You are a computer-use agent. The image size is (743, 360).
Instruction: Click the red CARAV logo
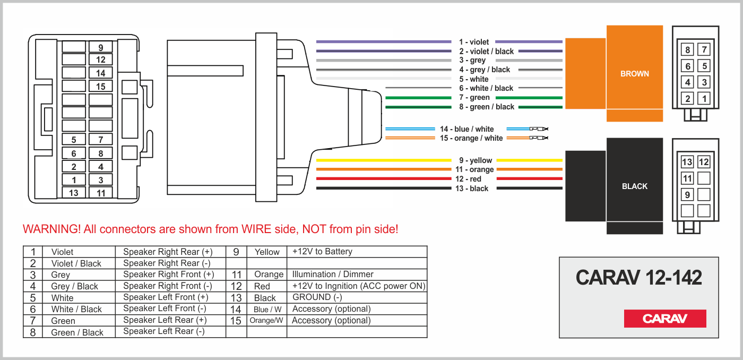(664, 319)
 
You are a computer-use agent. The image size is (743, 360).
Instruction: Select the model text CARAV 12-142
(638, 277)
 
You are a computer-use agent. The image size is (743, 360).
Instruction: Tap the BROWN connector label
(634, 74)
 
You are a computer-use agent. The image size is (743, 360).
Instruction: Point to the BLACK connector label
(634, 186)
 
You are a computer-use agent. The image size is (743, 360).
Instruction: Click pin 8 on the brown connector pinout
(687, 50)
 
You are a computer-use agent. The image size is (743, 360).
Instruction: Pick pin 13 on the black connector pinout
(687, 162)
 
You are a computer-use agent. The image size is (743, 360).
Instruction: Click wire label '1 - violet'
(474, 42)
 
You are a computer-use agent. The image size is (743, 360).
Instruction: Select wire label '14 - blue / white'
(466, 129)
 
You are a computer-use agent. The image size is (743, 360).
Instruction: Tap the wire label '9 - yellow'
(476, 160)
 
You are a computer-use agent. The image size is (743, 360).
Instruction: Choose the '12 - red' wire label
(468, 179)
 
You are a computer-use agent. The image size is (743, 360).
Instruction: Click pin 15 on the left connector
(101, 87)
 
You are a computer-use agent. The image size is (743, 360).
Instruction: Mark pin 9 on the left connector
(101, 47)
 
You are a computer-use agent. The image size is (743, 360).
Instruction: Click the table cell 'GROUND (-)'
(317, 297)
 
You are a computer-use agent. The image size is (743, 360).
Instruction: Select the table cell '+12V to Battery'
(322, 252)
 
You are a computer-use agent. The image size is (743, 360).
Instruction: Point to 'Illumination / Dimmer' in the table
(333, 275)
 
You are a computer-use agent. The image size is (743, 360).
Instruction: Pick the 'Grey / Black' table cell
(74, 286)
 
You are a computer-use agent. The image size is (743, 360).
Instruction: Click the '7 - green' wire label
(474, 98)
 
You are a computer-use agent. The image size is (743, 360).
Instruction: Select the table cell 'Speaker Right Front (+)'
(168, 275)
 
